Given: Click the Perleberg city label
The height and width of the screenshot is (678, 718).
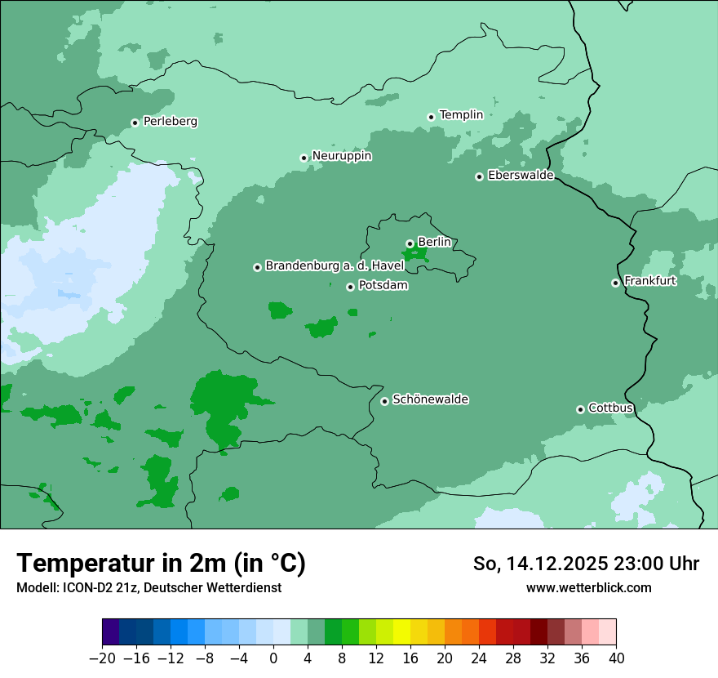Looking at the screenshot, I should [170, 122].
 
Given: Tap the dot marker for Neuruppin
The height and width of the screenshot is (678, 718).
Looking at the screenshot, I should [304, 158].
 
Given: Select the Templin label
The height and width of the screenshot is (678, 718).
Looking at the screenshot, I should [461, 115].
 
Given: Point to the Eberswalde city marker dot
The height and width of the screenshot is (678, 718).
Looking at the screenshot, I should [479, 176].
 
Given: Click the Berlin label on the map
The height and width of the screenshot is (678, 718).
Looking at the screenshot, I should [434, 242].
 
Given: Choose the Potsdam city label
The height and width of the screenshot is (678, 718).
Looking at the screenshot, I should [383, 286].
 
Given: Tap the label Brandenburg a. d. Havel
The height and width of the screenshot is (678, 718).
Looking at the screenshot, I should [335, 266].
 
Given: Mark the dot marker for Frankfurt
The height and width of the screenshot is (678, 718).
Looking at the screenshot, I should [615, 283].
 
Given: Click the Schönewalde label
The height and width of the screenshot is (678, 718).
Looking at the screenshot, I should [430, 399].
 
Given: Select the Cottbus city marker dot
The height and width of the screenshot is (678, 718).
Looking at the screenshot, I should [580, 409].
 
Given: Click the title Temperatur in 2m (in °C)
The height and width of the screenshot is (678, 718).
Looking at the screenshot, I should [161, 564].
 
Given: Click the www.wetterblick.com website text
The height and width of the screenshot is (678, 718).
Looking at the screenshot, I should [588, 587].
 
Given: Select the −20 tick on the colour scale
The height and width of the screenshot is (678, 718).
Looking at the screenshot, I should [102, 658].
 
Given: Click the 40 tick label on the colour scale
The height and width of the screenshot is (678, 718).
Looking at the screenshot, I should [616, 658].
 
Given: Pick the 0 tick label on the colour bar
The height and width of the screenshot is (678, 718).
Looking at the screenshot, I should [273, 658].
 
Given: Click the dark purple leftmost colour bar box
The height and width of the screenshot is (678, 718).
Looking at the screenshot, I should [110, 632].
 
